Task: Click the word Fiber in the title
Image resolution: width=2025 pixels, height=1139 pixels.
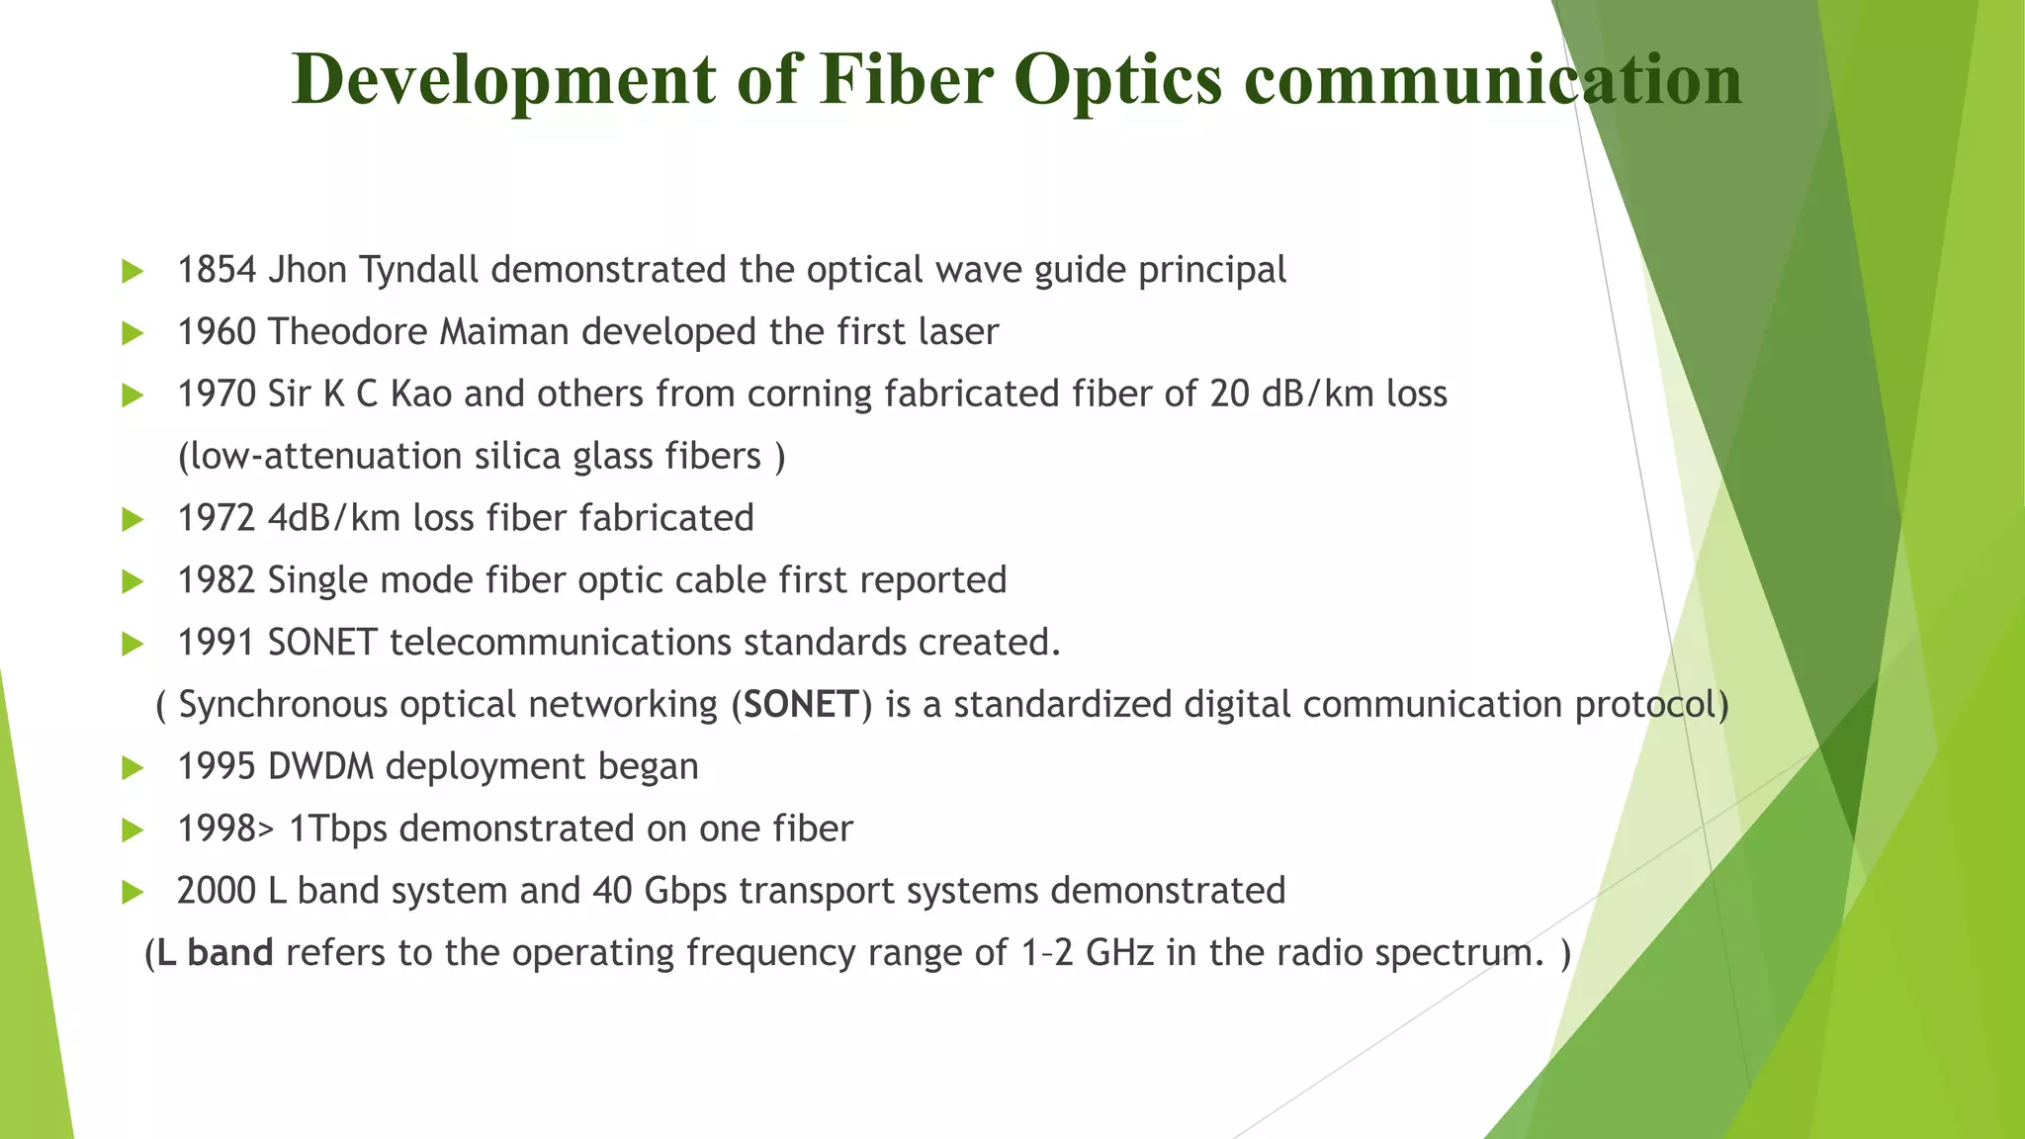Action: (x=906, y=79)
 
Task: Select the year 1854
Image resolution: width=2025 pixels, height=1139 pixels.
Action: (x=217, y=270)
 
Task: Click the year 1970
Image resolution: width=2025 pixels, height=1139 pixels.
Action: (x=217, y=394)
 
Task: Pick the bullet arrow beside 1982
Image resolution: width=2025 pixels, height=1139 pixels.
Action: (x=132, y=581)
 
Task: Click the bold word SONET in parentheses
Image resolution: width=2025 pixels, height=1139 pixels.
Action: (x=801, y=705)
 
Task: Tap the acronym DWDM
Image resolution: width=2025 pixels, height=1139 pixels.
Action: (x=320, y=767)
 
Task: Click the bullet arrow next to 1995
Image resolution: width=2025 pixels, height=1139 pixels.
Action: (x=132, y=768)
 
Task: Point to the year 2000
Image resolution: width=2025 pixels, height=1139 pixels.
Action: (x=217, y=891)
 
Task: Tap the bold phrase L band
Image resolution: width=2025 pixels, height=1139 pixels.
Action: (x=215, y=953)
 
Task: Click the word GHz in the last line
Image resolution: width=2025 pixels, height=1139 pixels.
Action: (x=1119, y=953)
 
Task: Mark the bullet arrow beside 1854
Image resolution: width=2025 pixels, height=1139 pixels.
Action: (x=132, y=271)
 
